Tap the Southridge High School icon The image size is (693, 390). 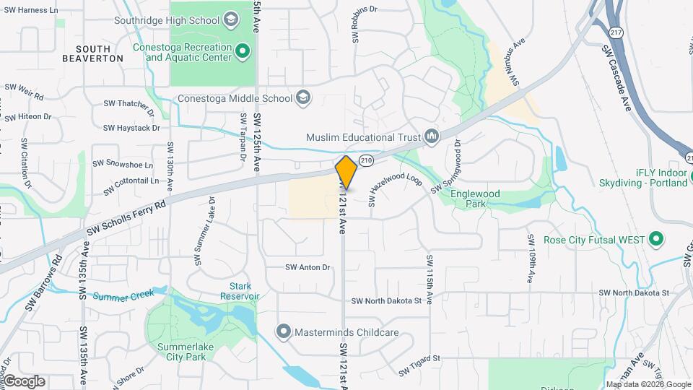[x=232, y=19]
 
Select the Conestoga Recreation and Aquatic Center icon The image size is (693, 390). [x=243, y=52]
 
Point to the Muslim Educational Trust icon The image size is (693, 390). [x=432, y=136]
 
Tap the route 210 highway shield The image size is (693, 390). [x=366, y=160]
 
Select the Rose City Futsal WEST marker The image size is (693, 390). [x=656, y=238]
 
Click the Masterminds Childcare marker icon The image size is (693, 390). [x=284, y=332]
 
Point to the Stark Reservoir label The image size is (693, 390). [x=240, y=291]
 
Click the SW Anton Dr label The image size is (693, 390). [x=308, y=267]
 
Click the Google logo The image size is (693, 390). [x=24, y=381]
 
